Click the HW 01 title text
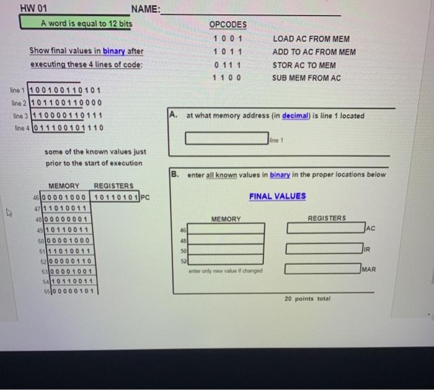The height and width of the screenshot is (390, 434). [x=33, y=9]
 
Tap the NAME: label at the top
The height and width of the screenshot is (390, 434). [x=146, y=9]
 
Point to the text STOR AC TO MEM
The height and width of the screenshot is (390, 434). [x=304, y=65]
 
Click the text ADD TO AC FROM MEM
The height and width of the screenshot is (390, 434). [x=314, y=51]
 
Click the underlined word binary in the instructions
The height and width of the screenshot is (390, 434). [x=113, y=51]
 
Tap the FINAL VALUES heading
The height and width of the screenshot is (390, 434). [x=277, y=196]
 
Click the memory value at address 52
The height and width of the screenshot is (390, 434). [x=65, y=262]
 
